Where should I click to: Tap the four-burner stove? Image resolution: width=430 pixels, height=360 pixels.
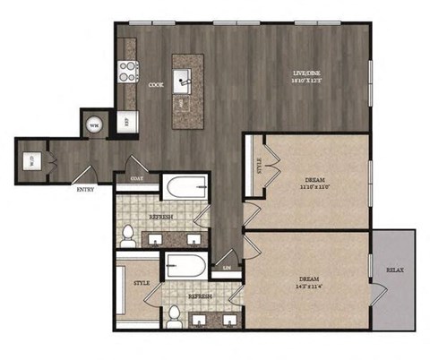point(127,71)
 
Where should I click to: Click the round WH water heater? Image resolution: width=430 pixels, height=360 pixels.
point(94,124)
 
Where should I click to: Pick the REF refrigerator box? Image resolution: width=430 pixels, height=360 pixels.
point(125,121)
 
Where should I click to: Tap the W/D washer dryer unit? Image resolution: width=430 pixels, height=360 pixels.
point(31,161)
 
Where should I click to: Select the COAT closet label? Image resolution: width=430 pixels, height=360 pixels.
point(136,177)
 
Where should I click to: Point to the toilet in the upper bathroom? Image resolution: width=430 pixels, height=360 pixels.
point(128,235)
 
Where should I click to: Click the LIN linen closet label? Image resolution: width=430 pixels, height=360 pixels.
point(226,268)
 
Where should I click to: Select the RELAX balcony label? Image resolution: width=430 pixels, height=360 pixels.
point(393,270)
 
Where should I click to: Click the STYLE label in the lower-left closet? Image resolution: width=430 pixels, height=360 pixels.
point(141,283)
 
